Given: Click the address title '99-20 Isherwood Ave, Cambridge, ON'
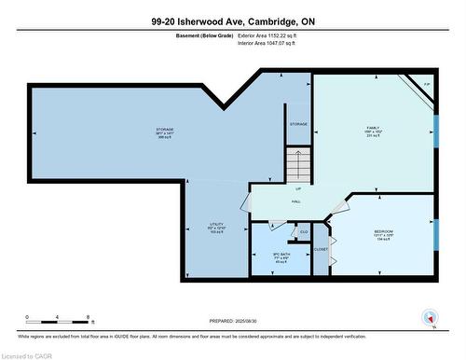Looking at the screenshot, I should click(x=232, y=21).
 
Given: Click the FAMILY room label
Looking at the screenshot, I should click(x=373, y=129).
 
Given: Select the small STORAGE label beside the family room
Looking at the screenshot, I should click(x=298, y=123).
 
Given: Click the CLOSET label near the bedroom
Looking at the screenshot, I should click(x=321, y=249).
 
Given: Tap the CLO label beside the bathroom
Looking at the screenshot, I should click(x=304, y=231).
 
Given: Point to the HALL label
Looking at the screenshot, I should click(x=295, y=201).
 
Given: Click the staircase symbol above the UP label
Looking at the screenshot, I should click(x=298, y=166).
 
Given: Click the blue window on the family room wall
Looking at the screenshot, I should click(x=434, y=126).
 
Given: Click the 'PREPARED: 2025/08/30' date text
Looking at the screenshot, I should click(x=232, y=322).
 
